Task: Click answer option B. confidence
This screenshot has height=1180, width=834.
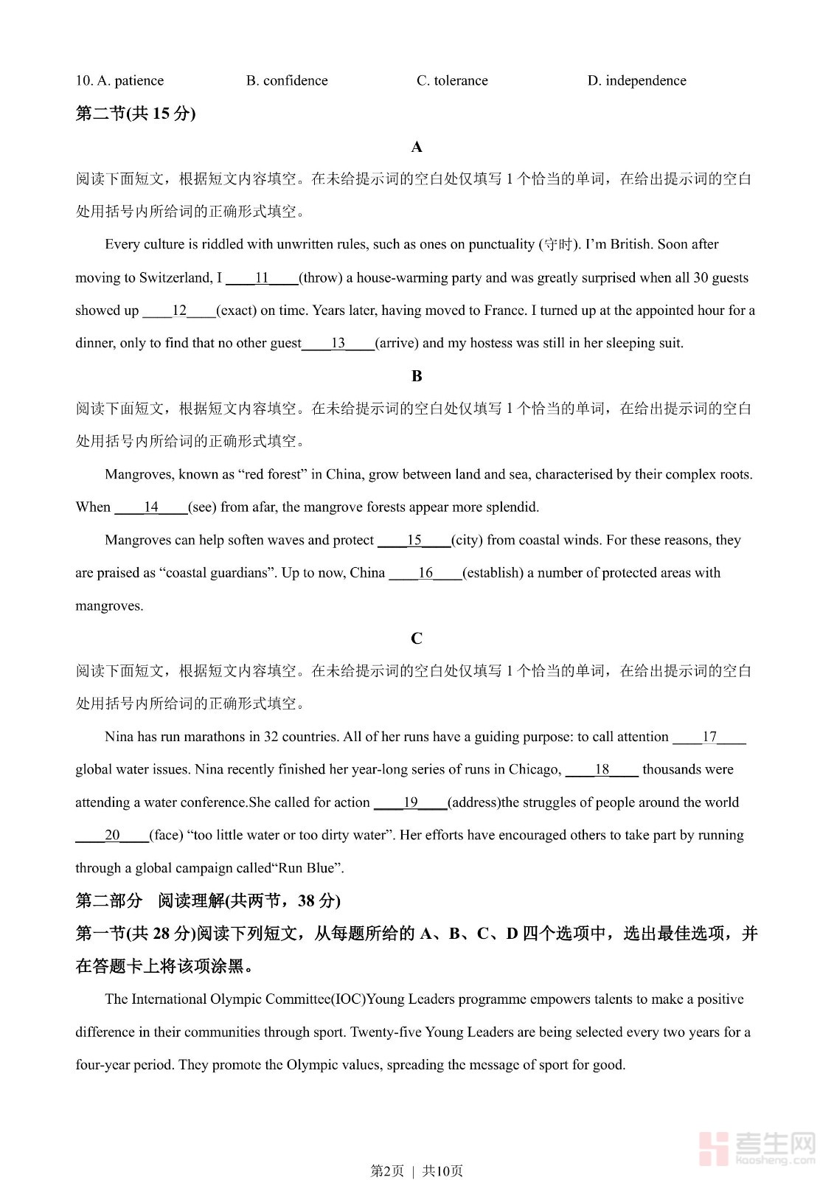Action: tap(287, 80)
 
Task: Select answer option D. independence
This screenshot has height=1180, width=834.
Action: tap(636, 80)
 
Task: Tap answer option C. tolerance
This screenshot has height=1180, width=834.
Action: tap(452, 80)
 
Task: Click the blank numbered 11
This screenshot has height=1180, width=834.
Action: tap(262, 278)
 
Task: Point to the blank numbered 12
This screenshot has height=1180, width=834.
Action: tap(179, 310)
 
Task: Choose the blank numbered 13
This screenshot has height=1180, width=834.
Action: tap(338, 343)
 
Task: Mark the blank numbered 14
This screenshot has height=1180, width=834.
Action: tap(151, 507)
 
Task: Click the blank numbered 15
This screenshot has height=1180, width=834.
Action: tap(414, 540)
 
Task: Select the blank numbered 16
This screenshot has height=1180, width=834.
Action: tap(425, 573)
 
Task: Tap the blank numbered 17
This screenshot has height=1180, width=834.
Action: tap(709, 737)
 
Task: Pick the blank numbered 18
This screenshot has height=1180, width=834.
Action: tap(602, 769)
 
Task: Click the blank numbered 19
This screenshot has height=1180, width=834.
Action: tap(410, 802)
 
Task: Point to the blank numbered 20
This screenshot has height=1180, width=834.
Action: tap(112, 835)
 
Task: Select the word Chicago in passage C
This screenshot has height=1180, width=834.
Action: tap(535, 769)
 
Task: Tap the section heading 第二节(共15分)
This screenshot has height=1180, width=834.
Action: tap(136, 114)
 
